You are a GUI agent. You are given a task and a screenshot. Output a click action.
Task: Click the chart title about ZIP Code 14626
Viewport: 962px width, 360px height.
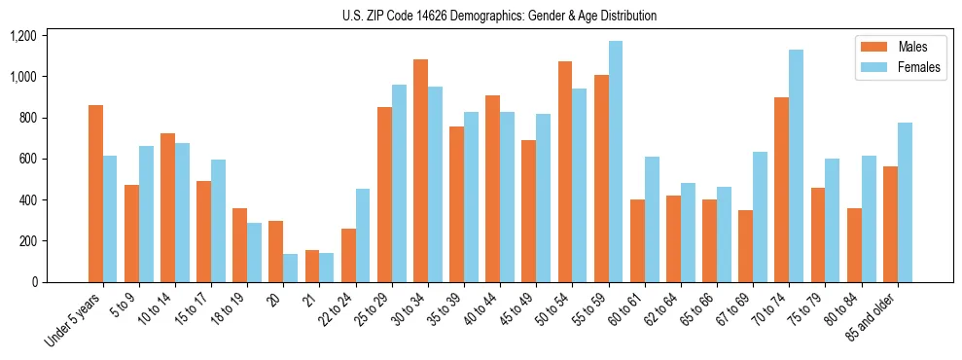point(499,16)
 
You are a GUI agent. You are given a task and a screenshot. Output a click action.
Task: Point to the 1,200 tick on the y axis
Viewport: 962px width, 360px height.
point(22,36)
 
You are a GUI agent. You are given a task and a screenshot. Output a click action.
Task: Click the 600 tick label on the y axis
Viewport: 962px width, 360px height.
point(27,159)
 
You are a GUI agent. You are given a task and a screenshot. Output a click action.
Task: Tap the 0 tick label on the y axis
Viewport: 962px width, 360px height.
point(34,282)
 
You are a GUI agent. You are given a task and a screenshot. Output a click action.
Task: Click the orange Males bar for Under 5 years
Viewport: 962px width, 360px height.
point(95,194)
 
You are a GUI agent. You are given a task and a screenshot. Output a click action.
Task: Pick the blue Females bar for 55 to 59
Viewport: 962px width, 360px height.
point(615,162)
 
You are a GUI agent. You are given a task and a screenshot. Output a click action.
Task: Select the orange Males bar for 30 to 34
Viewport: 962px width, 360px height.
point(420,171)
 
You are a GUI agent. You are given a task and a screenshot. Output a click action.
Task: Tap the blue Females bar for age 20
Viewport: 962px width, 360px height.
point(290,269)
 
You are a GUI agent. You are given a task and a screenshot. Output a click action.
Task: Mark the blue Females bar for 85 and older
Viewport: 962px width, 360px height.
point(905,202)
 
